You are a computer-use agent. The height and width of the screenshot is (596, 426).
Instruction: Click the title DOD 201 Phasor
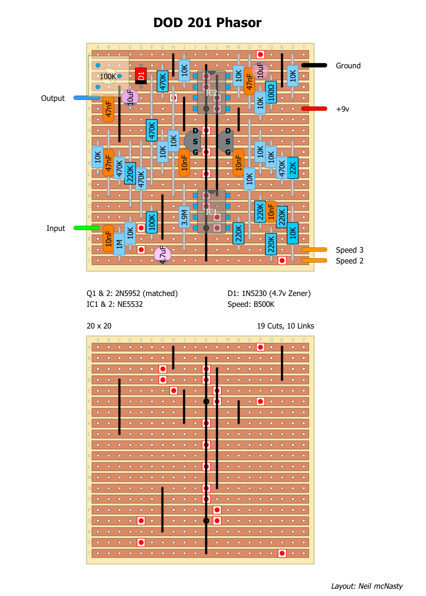pos(207,23)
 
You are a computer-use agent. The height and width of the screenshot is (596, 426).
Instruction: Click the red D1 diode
pos(141,76)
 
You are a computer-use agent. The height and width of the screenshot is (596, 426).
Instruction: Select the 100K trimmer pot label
pos(108,77)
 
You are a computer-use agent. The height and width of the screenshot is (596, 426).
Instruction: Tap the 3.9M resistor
pos(184,217)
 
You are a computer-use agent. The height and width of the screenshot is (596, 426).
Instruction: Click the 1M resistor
pos(119,244)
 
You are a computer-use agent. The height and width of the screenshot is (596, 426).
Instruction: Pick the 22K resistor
pos(293,168)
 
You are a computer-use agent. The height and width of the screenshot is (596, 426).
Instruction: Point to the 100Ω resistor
pos(271,92)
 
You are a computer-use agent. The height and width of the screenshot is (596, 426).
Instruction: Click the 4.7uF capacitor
pos(163,254)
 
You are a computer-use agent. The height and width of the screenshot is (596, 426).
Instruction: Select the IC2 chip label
pos(211,93)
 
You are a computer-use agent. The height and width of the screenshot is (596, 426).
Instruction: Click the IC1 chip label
pos(211,212)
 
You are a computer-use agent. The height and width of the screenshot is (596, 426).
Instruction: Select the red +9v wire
pos(314,109)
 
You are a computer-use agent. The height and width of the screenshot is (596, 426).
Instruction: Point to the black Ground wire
pos(314,65)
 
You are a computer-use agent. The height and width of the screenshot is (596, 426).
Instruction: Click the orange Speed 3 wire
pos(314,250)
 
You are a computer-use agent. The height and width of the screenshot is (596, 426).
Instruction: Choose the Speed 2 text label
pos(349,261)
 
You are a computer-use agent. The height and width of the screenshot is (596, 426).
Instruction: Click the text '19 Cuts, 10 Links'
pos(285,326)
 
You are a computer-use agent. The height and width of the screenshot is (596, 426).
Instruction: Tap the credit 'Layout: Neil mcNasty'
pos(367,586)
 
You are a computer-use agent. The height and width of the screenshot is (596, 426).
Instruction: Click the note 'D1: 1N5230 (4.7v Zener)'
pos(269,293)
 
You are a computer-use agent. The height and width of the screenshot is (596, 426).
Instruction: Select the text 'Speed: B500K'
pos(251,304)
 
